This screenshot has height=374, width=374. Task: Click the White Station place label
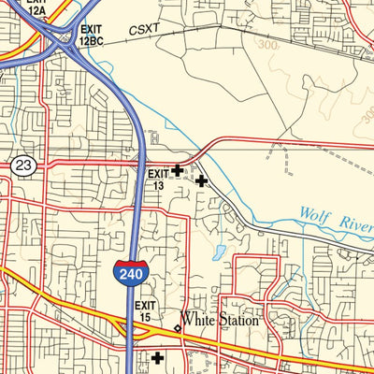click(220, 320)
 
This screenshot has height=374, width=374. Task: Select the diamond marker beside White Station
click(178, 328)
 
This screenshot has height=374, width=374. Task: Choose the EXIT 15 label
click(145, 311)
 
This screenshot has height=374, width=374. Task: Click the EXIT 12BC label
click(91, 36)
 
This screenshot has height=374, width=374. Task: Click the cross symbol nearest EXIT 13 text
click(178, 170)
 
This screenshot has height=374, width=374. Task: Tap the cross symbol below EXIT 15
click(157, 357)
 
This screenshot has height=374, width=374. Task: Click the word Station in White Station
click(237, 320)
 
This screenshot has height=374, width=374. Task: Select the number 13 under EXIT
click(158, 185)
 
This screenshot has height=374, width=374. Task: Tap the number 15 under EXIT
click(145, 318)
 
